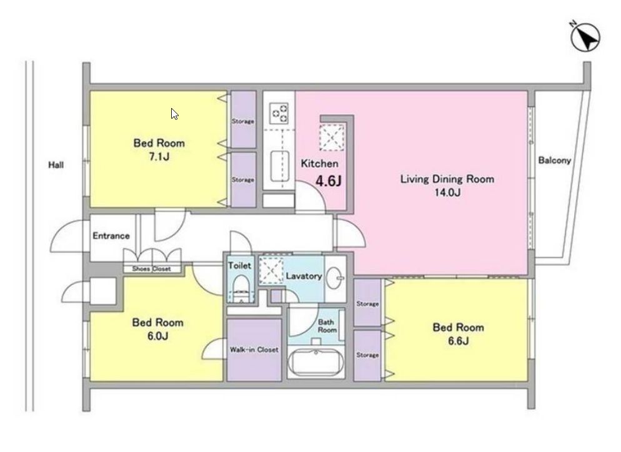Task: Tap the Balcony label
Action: tap(555, 160)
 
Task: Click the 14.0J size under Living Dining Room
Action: tap(447, 193)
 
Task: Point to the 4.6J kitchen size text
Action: tap(329, 181)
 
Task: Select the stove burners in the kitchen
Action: tap(279, 113)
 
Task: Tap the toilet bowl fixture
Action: tap(241, 289)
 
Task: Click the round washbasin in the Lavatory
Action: tap(335, 277)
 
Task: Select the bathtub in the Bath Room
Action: tap(315, 361)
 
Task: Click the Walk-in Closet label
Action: tap(254, 350)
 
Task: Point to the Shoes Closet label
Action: tap(151, 268)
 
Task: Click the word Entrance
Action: tap(111, 236)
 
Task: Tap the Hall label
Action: tap(56, 165)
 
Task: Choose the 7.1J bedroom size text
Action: tap(159, 157)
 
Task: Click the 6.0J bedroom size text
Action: tap(157, 336)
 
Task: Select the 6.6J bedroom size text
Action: tap(458, 341)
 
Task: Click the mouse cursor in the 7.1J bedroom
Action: tap(174, 114)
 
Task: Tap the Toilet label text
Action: tap(240, 265)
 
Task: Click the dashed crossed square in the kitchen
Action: tap(332, 137)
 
